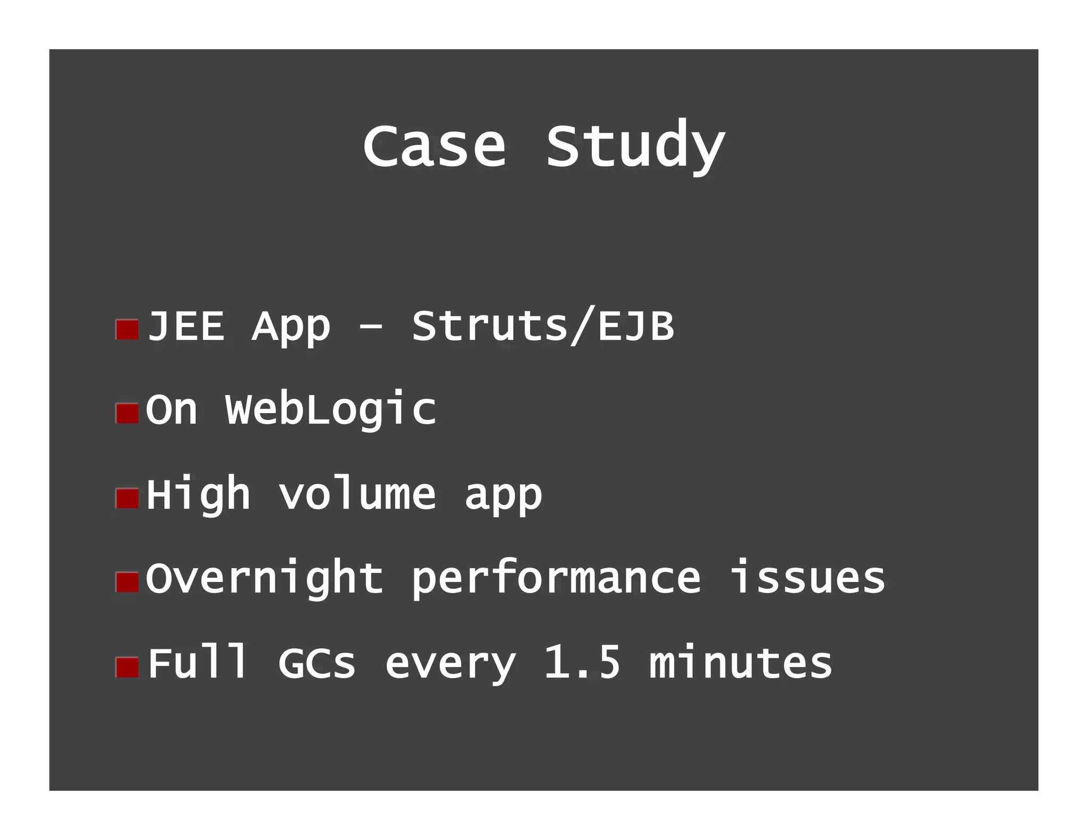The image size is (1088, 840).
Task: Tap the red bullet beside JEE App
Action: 127,330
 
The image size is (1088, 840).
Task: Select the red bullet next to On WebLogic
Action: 127,414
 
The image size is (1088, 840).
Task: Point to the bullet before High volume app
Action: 127,498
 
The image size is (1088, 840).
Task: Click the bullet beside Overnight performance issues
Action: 127,582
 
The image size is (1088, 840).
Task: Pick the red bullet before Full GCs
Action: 127,667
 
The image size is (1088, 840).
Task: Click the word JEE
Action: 186,326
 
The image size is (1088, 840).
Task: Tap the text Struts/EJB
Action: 543,326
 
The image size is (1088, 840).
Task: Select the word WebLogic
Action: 330,410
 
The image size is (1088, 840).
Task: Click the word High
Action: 198,495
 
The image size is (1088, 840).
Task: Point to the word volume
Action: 357,495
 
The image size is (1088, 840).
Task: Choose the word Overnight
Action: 264,579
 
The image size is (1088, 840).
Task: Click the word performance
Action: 556,579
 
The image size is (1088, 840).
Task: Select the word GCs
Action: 317,663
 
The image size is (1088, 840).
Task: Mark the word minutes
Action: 741,663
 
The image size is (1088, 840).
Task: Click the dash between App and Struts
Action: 370,327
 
